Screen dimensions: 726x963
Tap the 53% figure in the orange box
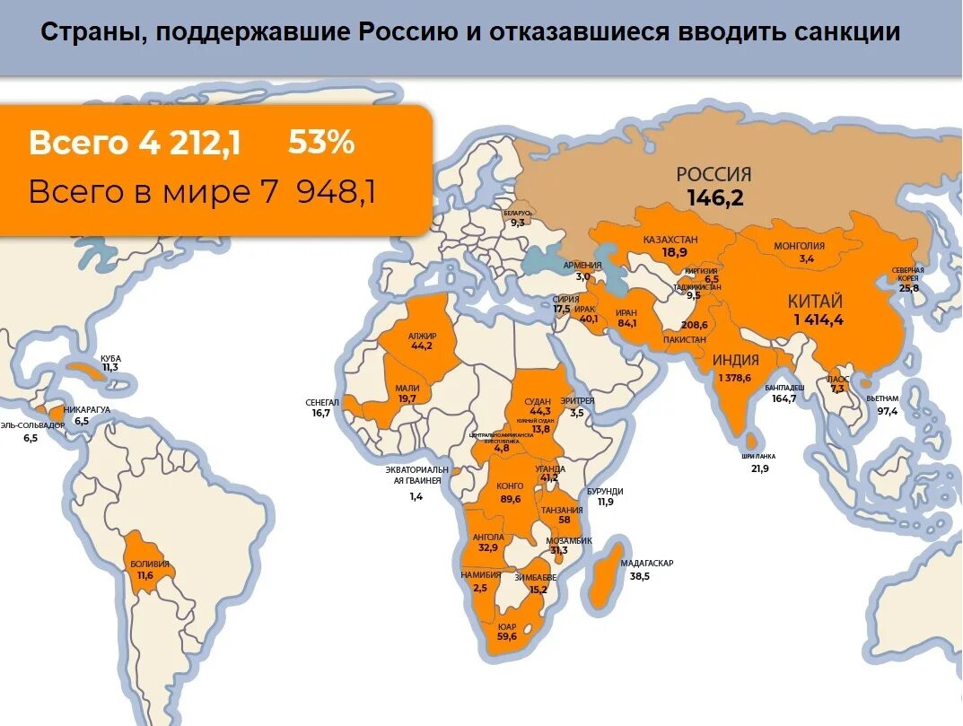[x=320, y=143]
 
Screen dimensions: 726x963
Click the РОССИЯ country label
[x=713, y=175]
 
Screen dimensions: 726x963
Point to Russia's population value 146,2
[x=715, y=198]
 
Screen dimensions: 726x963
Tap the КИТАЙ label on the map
[x=815, y=302]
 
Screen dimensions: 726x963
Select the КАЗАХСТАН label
[x=670, y=240]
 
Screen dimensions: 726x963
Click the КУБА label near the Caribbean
[x=110, y=358]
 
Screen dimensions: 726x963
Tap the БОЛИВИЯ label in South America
[x=150, y=564]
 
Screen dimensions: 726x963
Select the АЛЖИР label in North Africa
[x=421, y=336]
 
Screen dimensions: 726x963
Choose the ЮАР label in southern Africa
[x=507, y=625]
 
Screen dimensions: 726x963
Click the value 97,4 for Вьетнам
[x=887, y=411]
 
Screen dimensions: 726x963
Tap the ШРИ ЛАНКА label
[x=758, y=456]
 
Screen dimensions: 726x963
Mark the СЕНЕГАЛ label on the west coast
[x=322, y=402]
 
